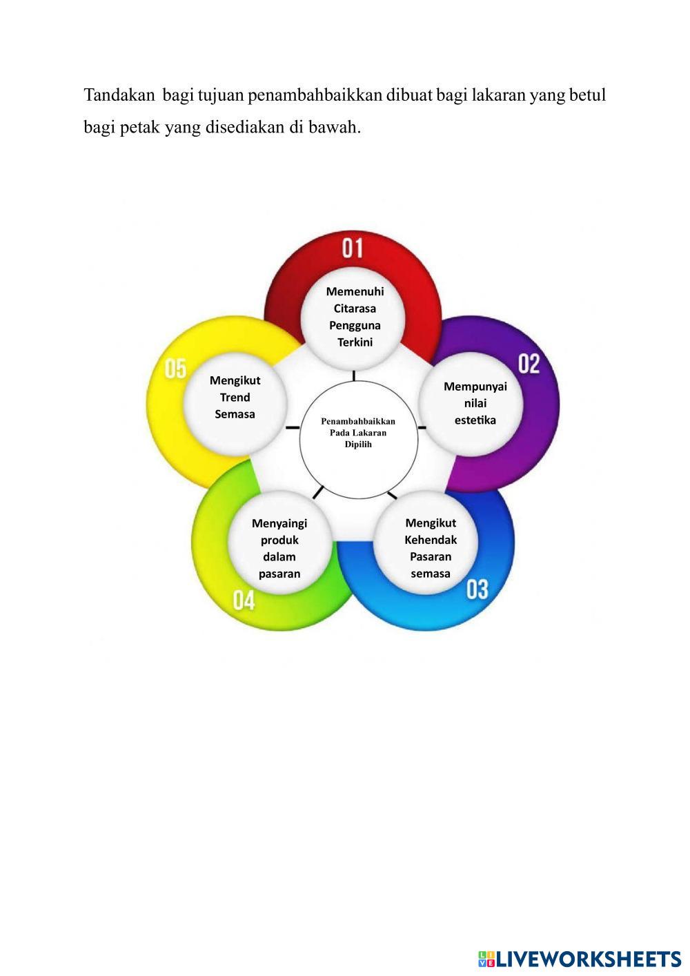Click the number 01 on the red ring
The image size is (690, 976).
coord(352,248)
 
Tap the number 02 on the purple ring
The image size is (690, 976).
coord(529,364)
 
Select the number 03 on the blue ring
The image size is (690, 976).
coord(477,589)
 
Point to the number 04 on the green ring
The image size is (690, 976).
coord(244,601)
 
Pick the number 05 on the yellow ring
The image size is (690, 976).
coord(175,369)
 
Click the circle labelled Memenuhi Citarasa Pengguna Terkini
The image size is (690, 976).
coord(355,317)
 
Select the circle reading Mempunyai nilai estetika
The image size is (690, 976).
coord(475,403)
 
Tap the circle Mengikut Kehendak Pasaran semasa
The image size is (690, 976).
coord(431,548)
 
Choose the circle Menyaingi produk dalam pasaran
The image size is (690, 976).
coord(279,548)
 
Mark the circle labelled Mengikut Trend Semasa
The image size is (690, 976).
coord(235,398)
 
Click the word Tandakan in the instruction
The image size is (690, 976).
coord(119,95)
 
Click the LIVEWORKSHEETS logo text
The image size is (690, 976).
coord(588,959)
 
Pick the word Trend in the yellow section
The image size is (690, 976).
coord(235,398)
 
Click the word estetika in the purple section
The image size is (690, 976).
coord(475,420)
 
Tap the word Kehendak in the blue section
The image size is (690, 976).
coord(431,540)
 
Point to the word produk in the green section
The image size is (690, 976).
coord(279,540)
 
